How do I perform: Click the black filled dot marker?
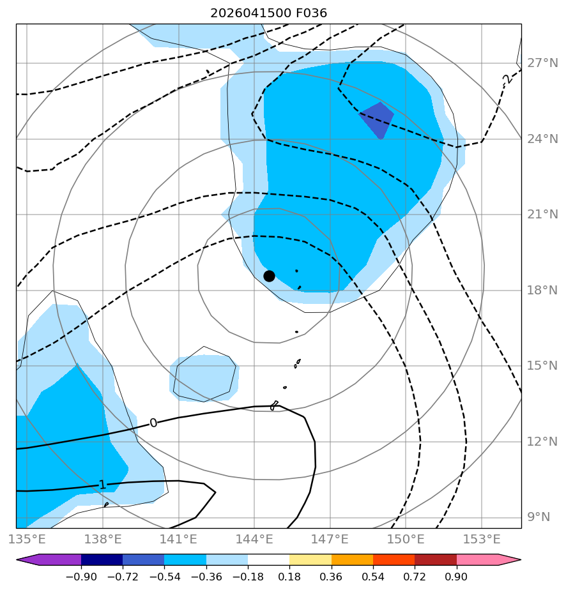coord(269,276)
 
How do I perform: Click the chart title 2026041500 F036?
coord(269,13)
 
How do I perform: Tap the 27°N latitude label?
coord(542,63)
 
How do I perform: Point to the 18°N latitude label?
coord(542,290)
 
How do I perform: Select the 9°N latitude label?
coord(539,517)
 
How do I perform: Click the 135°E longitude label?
coord(27,539)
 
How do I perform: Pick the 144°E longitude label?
coord(254,539)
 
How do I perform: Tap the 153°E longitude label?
coord(482,539)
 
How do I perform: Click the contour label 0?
coord(153,423)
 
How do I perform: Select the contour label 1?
coord(102,485)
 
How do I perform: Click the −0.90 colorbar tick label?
coord(81,577)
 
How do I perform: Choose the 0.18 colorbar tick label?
coord(289,577)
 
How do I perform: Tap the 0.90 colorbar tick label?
coord(457,577)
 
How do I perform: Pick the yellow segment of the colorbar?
coord(310,559)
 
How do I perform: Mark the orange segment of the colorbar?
coord(352,559)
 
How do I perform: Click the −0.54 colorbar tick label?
coord(164,577)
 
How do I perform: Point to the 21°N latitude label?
coord(542,215)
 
